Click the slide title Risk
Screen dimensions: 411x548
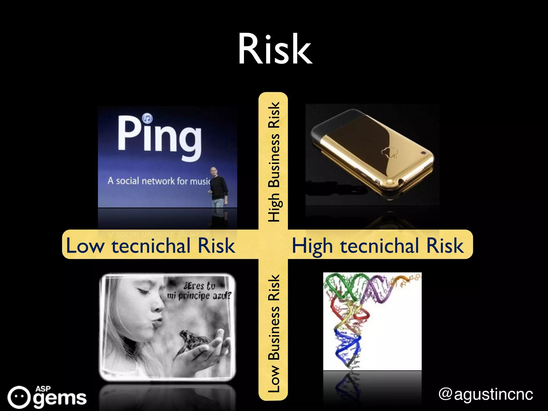pos(275,50)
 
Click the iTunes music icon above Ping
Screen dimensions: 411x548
pos(147,118)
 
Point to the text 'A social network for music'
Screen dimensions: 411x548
pos(159,181)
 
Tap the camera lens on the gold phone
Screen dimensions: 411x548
pos(424,153)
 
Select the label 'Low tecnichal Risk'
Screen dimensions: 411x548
pos(151,245)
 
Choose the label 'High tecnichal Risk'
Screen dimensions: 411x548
pos(378,246)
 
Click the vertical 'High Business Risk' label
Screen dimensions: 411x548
pos(274,162)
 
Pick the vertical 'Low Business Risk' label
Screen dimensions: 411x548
pos(274,333)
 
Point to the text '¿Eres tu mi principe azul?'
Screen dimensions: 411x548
pos(199,291)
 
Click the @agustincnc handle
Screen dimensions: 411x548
pos(486,394)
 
